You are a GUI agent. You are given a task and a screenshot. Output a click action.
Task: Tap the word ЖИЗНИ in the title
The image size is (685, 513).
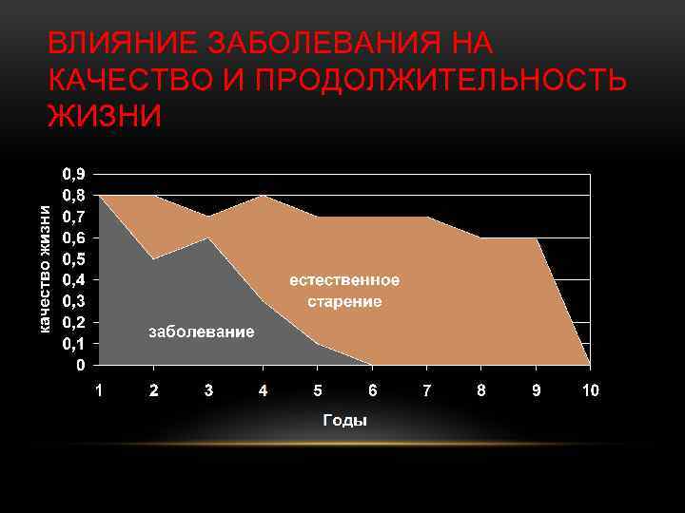105,116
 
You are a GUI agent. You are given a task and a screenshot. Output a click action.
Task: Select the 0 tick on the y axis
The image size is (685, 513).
80,364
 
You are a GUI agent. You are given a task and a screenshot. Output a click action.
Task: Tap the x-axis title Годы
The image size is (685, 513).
344,420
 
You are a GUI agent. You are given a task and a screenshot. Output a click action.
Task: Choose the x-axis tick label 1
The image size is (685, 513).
99,389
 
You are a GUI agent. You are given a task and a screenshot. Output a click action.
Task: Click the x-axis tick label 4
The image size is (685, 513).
264,389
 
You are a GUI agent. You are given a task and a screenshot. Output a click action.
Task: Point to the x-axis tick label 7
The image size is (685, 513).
427,389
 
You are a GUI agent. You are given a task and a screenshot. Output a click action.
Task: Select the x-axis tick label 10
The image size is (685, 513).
591,389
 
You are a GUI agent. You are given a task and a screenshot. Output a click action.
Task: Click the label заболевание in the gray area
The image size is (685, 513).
200,332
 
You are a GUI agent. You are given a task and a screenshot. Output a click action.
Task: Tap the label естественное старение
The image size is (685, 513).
344,291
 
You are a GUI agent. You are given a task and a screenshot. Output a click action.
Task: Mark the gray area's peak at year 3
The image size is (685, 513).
208,237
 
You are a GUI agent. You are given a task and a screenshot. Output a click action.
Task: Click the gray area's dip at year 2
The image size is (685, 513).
153,258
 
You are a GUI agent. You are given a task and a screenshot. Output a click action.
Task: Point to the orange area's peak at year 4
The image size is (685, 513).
264,196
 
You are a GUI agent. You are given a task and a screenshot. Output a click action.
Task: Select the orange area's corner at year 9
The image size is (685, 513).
537,238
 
